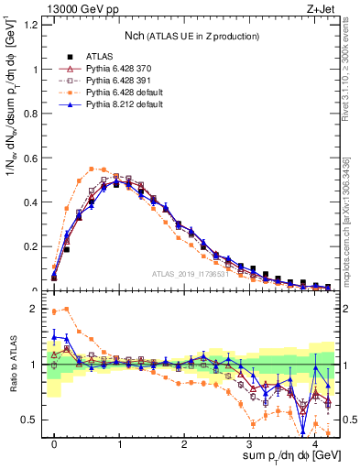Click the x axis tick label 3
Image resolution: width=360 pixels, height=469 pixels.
click(250, 442)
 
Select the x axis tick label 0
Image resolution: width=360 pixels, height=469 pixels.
click(54, 442)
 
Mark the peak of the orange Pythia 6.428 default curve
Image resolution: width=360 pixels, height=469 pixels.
click(93, 168)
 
